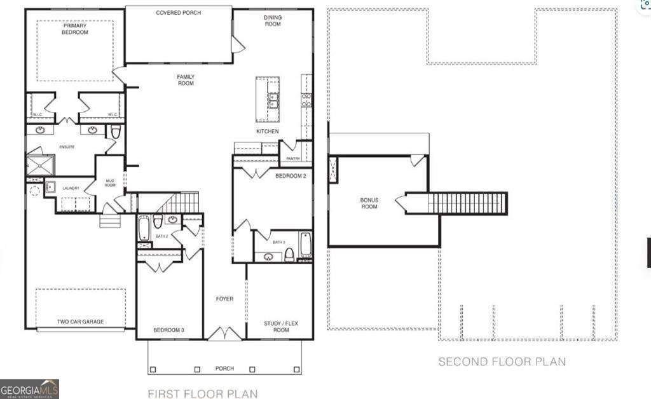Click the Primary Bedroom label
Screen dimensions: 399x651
75,29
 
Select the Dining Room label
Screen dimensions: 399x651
273,21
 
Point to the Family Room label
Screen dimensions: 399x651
186,80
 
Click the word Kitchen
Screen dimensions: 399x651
267,132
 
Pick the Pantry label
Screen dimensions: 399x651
293,159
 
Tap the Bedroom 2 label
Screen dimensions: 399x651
291,177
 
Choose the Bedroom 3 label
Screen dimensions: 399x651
169,330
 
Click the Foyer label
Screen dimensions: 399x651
224,299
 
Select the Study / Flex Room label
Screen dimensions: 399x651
281,327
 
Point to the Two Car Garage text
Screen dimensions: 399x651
80,322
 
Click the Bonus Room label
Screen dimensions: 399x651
369,203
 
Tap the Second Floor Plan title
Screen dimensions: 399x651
502,362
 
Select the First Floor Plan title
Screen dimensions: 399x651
203,394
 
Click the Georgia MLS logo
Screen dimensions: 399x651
29,389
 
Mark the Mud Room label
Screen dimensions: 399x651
109,182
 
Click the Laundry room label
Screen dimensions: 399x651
71,188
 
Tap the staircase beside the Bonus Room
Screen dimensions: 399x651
467,204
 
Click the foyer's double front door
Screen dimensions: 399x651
224,334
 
